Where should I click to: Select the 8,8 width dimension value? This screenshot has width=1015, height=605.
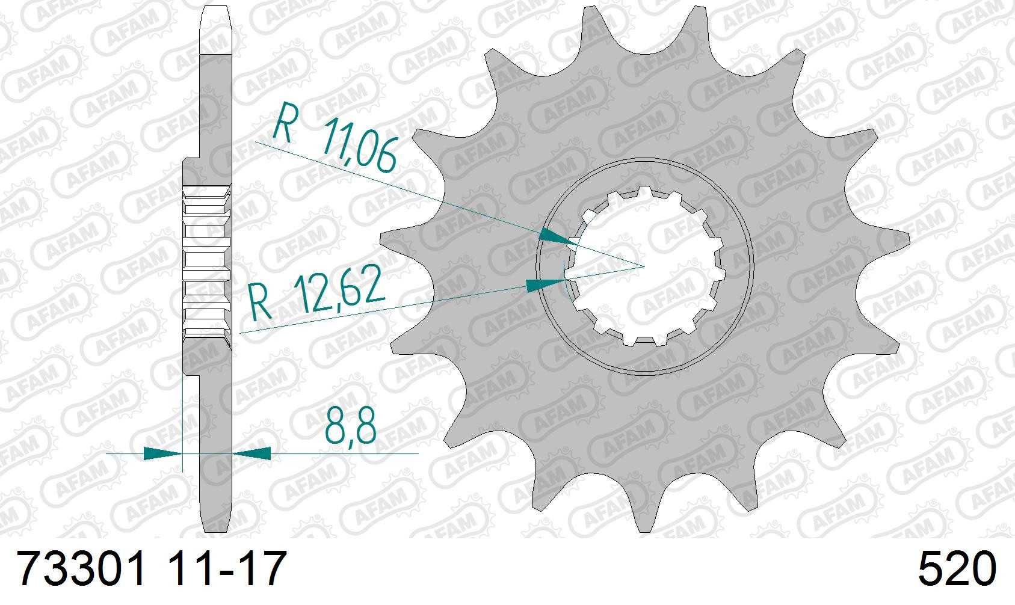(351, 428)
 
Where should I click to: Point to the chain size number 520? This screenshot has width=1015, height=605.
(957, 569)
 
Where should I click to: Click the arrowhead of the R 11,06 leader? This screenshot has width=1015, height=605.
(557, 237)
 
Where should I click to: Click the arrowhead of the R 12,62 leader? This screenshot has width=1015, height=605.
(546, 284)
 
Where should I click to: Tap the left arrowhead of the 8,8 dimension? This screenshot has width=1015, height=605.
(162, 453)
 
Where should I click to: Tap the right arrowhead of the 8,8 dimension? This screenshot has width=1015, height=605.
(251, 453)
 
